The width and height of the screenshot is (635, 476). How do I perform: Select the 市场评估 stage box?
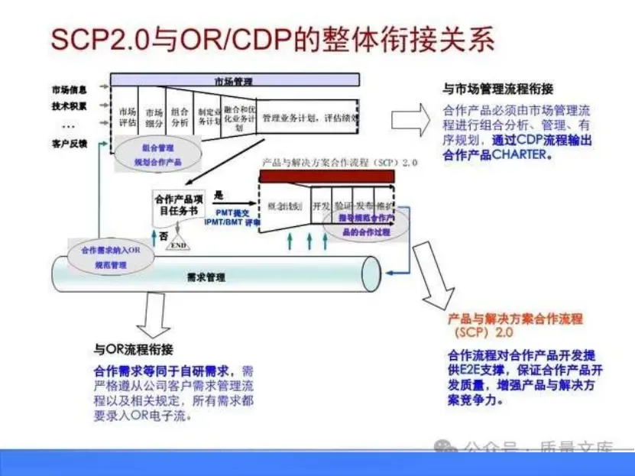(128, 115)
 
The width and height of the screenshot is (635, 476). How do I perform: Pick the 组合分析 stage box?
(180, 116)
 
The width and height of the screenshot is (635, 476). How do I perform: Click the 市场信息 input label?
(70, 90)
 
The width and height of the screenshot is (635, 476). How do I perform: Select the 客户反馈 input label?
(70, 144)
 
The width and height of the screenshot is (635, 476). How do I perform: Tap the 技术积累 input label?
(70, 106)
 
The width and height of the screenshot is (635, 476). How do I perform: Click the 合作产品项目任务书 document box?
(180, 204)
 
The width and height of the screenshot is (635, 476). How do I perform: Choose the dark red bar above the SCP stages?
(327, 176)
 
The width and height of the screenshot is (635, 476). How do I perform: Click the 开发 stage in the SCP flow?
(321, 206)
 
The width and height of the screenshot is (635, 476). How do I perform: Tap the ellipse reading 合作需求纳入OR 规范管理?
(112, 257)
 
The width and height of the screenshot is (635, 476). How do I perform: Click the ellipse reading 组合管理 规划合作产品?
(158, 154)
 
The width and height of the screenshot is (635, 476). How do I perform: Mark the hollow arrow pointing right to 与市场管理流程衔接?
(411, 121)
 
